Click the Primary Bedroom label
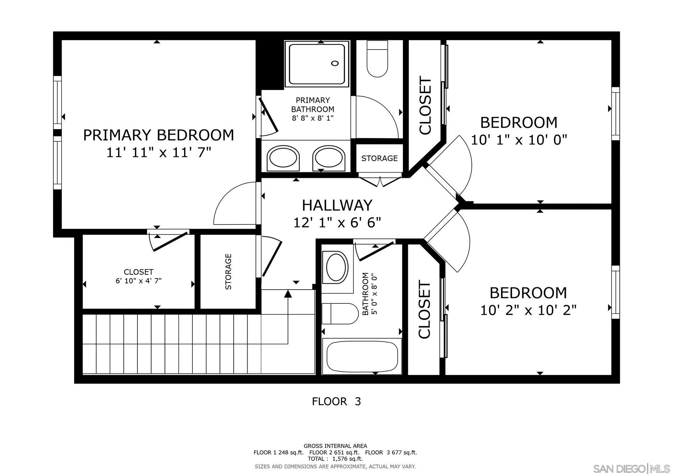pyautogui.click(x=159, y=135)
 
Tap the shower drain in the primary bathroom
pyautogui.click(x=335, y=63)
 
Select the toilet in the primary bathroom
pyautogui.click(x=377, y=59)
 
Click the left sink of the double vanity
pyautogui.click(x=283, y=158)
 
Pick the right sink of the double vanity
pyautogui.click(x=329, y=158)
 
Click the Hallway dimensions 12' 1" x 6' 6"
pyautogui.click(x=337, y=222)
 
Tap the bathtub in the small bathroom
pyautogui.click(x=362, y=356)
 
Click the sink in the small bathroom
pyautogui.click(x=337, y=267)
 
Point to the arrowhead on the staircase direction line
pyautogui.click(x=288, y=293)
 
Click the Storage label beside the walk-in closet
pyautogui.click(x=228, y=272)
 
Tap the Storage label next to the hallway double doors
pyautogui.click(x=379, y=158)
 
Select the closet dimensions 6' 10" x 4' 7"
pyautogui.click(x=139, y=281)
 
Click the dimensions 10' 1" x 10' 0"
pyautogui.click(x=519, y=140)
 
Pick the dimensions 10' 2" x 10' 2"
pyautogui.click(x=528, y=310)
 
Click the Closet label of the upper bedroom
pyautogui.click(x=425, y=105)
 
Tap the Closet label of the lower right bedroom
pyautogui.click(x=425, y=310)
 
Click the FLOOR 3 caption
pyautogui.click(x=336, y=402)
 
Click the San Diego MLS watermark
pyautogui.click(x=631, y=469)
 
